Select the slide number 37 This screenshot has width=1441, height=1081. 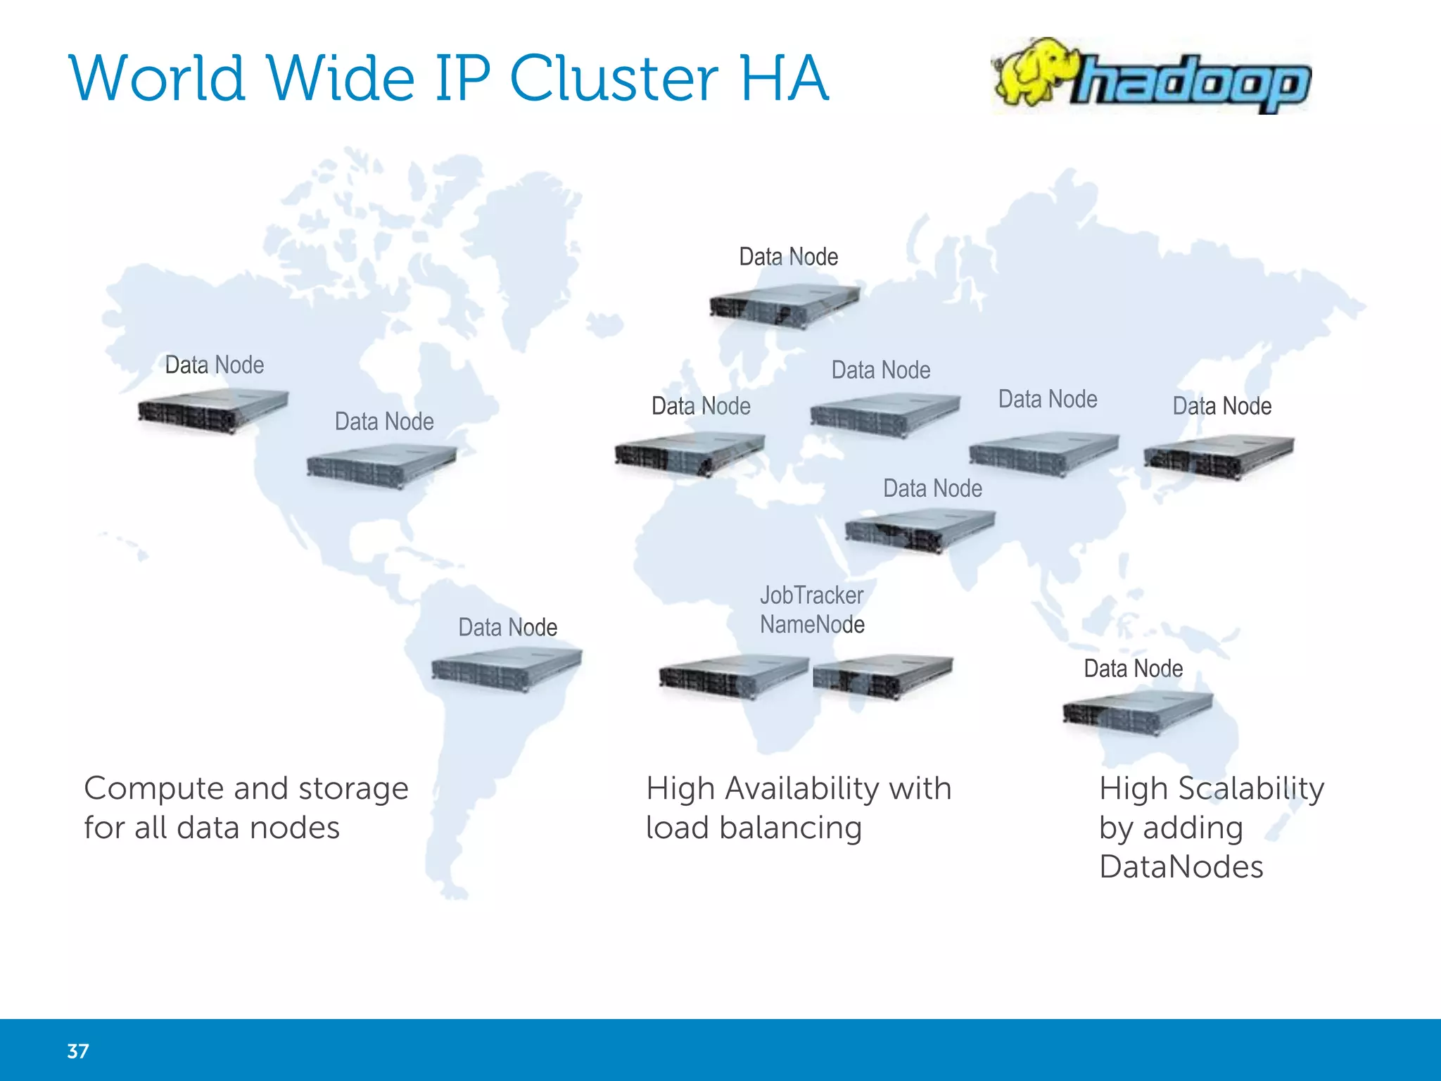point(78,1051)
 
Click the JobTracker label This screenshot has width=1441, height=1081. point(811,595)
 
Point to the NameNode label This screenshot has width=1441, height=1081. point(812,624)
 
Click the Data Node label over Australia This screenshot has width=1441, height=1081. point(1133,669)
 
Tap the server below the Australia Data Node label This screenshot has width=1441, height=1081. point(1137,713)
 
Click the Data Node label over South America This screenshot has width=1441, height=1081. point(507,627)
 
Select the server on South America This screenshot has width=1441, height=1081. point(507,669)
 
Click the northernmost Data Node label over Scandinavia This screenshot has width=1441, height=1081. point(788,257)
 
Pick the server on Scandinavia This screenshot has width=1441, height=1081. point(784,305)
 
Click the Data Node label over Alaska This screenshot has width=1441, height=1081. point(215,365)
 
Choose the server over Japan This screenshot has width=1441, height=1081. point(1219,457)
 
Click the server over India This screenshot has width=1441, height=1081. point(920,531)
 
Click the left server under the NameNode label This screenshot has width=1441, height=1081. point(733,676)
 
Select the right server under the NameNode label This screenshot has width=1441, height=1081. point(882,676)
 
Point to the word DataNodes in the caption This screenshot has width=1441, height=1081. point(1181,867)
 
